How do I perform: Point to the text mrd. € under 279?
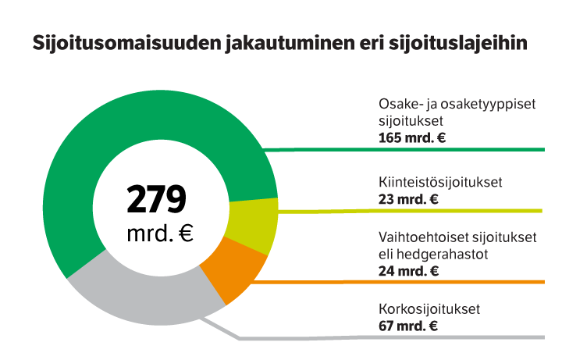159,233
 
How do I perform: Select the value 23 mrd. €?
407,199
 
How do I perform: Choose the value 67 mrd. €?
407,326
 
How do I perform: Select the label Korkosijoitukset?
428,310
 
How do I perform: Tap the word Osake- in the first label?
398,105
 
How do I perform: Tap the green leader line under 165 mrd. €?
406,148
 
